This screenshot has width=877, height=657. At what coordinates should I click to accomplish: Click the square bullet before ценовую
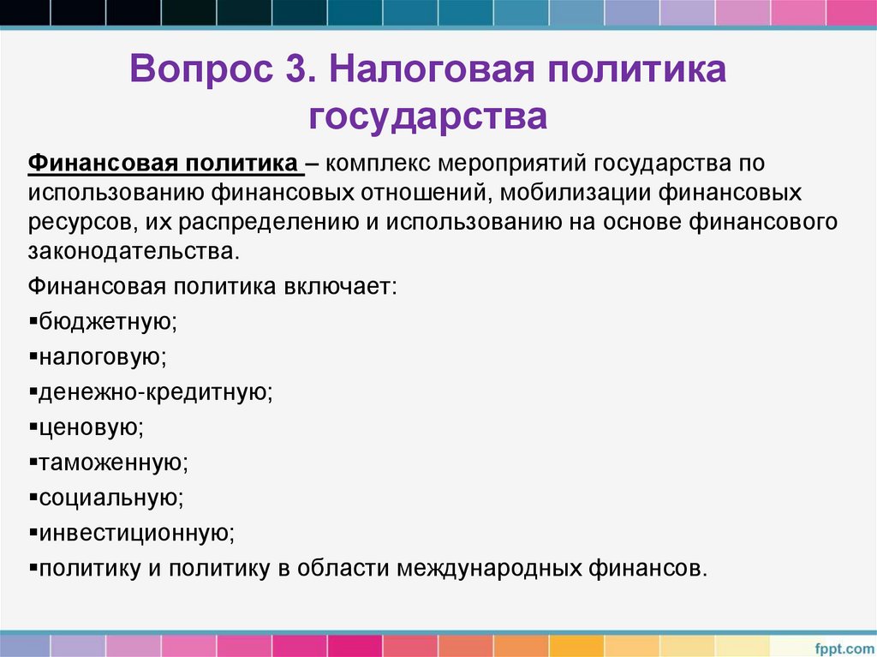click(x=33, y=426)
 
